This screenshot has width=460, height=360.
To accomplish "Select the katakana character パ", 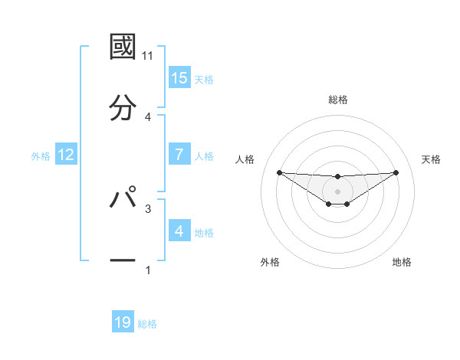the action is pos(123,198).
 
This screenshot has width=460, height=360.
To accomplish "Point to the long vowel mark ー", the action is pos(123,260).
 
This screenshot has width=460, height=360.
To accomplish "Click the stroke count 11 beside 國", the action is pos(148,57).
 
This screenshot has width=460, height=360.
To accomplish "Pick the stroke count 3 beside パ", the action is pos(148,208).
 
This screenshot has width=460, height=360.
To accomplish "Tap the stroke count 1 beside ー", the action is pos(148,270).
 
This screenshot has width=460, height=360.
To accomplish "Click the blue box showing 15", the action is pos(179,78).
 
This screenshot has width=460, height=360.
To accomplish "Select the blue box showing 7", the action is pos(179,155).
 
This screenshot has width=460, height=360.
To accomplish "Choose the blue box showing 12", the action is pos(66,155).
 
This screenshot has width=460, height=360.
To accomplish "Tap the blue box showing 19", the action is pos(123,322).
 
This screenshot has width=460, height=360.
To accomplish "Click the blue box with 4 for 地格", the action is pos(179,231).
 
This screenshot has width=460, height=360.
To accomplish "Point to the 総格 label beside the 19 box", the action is pos(147,324).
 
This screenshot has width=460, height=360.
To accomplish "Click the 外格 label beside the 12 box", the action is pos(41,156).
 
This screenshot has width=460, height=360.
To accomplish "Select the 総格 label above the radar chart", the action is pos(337,100).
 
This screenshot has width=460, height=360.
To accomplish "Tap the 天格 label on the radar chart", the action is pos(431,159).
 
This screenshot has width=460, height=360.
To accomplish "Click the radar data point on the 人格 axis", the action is pos(279,172).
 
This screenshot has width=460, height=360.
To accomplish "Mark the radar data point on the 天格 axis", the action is pos(396,172).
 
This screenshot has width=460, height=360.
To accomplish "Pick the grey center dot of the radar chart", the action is pos(337,191).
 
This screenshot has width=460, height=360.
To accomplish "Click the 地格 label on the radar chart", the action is pos(402,262).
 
